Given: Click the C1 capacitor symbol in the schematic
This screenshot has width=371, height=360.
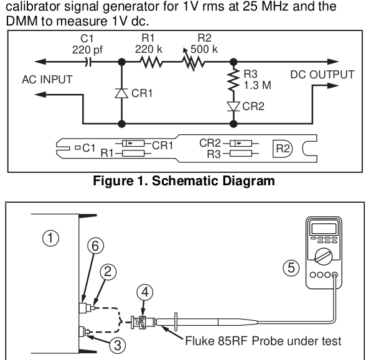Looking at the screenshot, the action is point(88,62).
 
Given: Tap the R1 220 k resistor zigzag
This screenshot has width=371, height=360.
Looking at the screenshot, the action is point(151,62).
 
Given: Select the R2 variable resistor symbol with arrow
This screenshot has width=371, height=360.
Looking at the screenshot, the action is point(193,60).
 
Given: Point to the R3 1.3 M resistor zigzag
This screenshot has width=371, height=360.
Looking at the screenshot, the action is point(233,80).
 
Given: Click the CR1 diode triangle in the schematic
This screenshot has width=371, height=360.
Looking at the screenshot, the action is point(121,93).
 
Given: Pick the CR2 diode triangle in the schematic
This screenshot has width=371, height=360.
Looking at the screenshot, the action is point(233,106).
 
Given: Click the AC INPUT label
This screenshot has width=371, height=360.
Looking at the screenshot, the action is point(47,80).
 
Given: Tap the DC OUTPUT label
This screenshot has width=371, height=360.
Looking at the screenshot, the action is point(322,75).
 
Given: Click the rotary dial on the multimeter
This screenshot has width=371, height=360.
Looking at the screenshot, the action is point(324,256).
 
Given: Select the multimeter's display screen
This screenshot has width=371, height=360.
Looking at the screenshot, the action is point(324,229).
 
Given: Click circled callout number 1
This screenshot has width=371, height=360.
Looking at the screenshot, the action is point(50,238).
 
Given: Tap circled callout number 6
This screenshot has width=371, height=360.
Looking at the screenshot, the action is point(95,246).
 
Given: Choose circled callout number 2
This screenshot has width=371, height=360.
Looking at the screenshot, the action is point(108,272).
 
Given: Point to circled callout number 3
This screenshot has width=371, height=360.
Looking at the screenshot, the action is point(118,345).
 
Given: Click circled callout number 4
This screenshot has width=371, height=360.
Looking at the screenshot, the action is point(145,292).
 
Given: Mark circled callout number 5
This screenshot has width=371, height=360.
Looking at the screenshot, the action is point(291,268).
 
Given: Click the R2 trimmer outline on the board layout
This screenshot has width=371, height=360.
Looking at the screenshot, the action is point(283,149).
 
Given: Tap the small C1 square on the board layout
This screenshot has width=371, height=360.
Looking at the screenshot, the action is point(78,148).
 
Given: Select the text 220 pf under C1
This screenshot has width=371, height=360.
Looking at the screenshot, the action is point(87,50).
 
